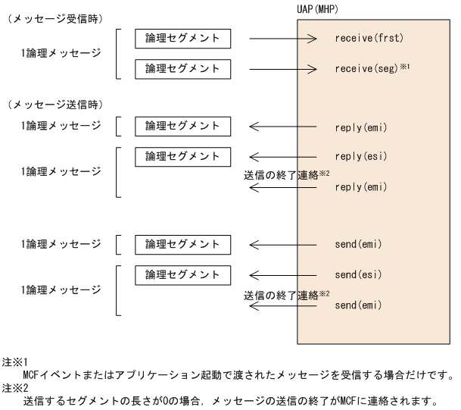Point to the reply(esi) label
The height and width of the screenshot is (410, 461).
click(361, 157)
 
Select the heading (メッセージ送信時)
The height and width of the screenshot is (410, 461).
click(55, 103)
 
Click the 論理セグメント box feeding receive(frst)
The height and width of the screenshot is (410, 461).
click(177, 38)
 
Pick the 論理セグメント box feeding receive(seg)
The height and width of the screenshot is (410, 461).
click(177, 69)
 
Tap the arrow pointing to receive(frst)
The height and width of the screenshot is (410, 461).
click(281, 38)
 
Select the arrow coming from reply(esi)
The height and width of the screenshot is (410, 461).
click(281, 157)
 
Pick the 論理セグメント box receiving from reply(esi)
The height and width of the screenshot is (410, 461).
click(177, 157)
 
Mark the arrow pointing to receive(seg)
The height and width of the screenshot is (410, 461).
click(281, 69)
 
